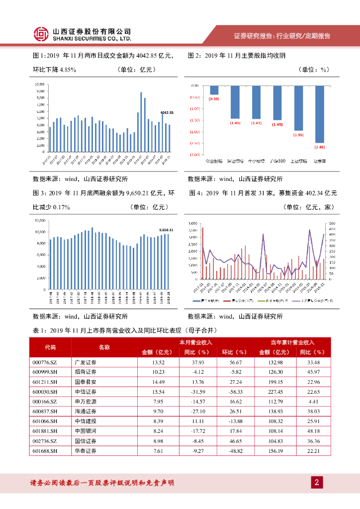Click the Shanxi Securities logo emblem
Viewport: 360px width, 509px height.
[x=40, y=34]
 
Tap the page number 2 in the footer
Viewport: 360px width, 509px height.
[x=317, y=482]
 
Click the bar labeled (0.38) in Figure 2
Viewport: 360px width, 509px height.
[x=214, y=90]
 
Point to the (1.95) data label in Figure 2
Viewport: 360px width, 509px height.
[x=298, y=134]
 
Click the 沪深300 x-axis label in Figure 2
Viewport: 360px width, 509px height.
[x=277, y=161]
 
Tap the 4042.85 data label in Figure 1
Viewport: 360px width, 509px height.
[x=167, y=113]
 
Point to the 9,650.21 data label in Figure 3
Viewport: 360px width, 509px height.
[x=166, y=230]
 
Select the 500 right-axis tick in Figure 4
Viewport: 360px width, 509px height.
[x=332, y=224]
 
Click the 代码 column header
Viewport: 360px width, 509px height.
[x=50, y=347]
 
